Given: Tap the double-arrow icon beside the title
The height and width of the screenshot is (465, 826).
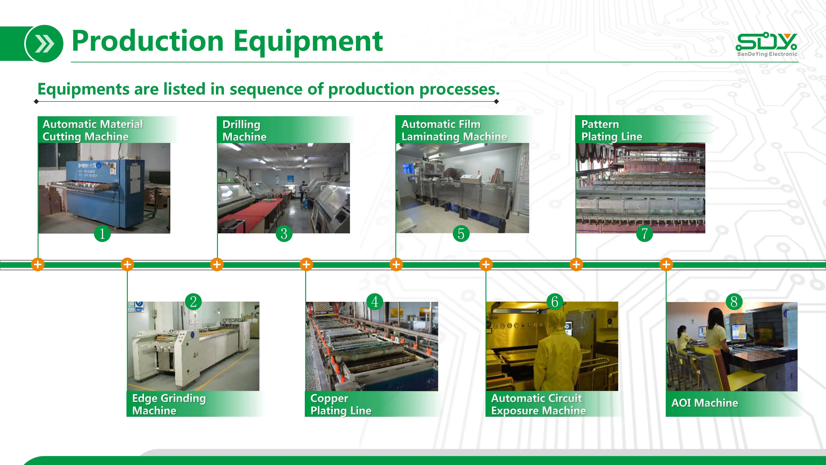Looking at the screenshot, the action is click(44, 44).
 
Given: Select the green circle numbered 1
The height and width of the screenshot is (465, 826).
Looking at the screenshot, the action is click(102, 233).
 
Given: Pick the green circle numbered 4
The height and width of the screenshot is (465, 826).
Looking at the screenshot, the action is click(374, 302).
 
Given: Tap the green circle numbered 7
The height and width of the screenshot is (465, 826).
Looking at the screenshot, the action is click(644, 233).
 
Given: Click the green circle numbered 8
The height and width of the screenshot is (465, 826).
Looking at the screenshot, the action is click(734, 302).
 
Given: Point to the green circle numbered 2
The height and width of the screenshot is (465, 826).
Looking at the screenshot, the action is click(193, 302).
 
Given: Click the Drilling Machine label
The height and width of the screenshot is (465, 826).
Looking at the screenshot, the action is click(244, 130).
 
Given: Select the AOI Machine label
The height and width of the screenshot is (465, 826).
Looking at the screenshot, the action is click(705, 403).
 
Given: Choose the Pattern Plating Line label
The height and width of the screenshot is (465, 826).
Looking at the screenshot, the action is click(612, 130).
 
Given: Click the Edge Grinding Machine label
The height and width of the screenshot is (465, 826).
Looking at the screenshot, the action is click(169, 404).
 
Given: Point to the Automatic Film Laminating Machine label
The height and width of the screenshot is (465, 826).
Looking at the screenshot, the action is click(454, 130).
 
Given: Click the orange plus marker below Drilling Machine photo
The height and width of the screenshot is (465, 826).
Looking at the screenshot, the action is click(217, 264).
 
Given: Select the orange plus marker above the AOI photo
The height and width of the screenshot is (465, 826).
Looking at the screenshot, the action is click(666, 264).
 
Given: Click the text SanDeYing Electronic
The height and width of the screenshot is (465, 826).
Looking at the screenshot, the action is click(767, 54).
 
